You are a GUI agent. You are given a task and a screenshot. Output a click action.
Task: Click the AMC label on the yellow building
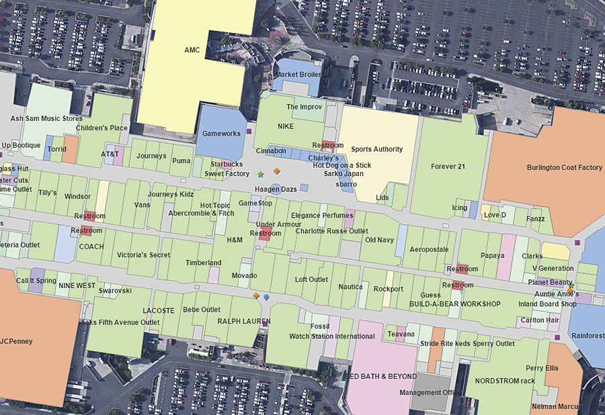pos(192,50)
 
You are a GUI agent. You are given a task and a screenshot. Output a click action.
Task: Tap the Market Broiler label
pos(298,75)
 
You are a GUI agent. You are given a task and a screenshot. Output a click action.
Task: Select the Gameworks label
pos(221,134)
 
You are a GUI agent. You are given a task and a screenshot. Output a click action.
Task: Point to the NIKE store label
pos(286,126)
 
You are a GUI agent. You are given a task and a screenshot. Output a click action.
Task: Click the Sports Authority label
pos(376,149)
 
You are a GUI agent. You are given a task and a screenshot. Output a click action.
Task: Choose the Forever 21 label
pos(448,167)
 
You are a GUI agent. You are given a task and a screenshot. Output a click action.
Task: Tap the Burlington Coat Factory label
pos(565,167)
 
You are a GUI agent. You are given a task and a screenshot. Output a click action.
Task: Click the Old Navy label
pos(379,240)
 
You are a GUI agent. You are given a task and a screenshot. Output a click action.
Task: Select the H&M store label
pos(235,240)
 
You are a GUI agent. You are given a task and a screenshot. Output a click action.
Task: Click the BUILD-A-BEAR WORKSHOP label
pos(455,304)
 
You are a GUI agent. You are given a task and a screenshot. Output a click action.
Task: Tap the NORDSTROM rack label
pos(505,381)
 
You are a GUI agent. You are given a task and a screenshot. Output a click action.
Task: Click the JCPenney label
pos(16,341)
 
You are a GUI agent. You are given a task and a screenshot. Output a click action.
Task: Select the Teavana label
pos(401,334)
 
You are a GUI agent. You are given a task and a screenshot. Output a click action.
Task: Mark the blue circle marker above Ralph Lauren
pos(267,296)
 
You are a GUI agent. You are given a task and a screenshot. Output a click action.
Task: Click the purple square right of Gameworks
pos(249,132)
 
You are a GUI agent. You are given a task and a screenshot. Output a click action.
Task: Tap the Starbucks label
pos(227,164)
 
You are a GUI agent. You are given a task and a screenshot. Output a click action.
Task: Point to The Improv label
pos(305,107)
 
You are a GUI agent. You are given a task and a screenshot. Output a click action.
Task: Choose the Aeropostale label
pos(429,249)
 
